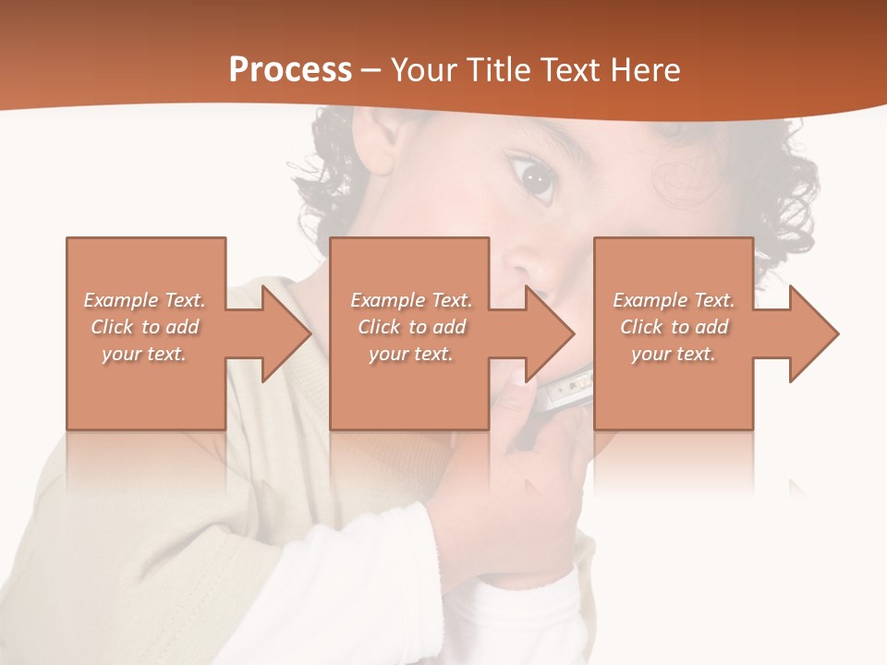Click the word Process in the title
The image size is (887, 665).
pos(290,70)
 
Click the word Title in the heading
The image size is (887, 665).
pos(498,70)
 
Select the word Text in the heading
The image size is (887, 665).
pos(571,70)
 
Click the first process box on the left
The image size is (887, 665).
pos(146,388)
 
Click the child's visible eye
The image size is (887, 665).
pos(533,175)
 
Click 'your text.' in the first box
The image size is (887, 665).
pos(145,354)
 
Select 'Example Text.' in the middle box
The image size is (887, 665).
pos(411,300)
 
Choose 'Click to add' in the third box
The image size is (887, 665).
pos(674,327)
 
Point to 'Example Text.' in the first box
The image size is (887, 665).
pos(145,300)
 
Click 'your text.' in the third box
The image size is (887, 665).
pos(674,354)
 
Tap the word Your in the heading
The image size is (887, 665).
pos(424,70)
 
